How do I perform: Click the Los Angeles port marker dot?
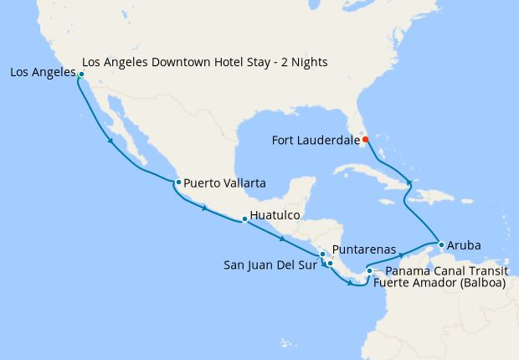click(81, 75)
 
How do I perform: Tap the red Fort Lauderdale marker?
click(365, 140)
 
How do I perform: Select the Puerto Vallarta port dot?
click(178, 182)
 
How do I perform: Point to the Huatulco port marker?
click(244, 219)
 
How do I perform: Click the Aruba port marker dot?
click(441, 244)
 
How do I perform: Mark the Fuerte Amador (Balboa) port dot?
click(369, 270)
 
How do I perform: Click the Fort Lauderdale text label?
click(316, 141)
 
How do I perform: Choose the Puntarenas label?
click(364, 249)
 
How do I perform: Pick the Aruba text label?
click(464, 246)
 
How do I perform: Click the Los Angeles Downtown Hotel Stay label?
click(204, 63)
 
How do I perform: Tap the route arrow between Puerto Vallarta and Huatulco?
click(205, 208)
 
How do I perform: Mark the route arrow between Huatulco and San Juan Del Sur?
click(282, 238)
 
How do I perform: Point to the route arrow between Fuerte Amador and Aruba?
click(402, 254)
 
